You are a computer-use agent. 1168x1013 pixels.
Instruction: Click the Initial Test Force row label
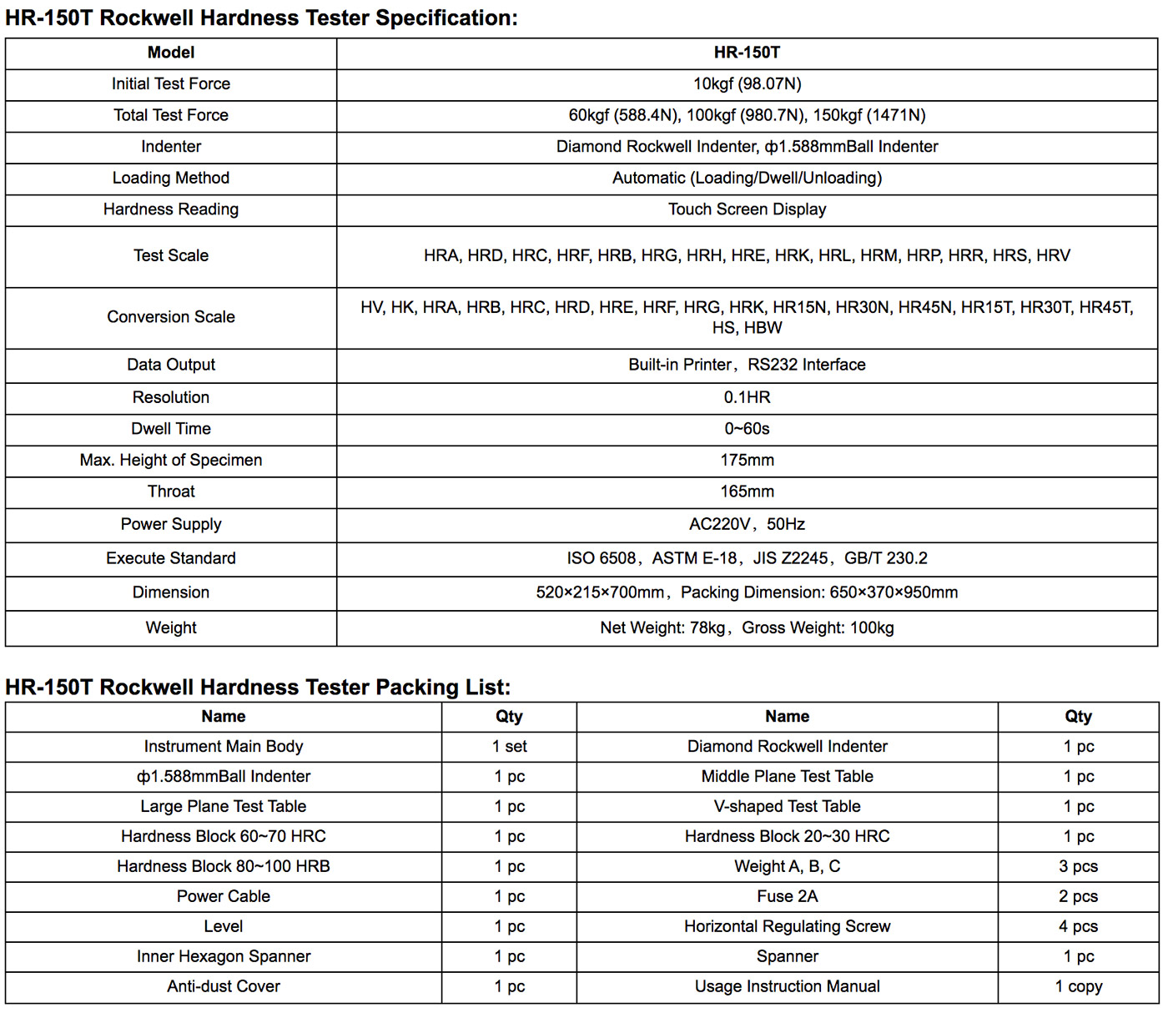point(171,84)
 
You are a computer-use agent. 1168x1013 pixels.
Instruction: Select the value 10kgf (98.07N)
point(747,84)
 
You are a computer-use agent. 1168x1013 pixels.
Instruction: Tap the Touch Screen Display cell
point(747,209)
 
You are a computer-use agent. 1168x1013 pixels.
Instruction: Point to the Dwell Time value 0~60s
point(747,429)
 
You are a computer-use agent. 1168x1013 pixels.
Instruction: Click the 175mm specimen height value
point(747,461)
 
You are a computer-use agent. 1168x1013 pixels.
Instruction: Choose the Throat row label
point(171,491)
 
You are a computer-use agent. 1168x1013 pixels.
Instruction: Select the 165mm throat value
point(747,491)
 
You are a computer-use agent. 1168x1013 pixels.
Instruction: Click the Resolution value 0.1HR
point(747,397)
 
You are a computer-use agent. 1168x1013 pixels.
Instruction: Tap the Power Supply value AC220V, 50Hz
point(747,524)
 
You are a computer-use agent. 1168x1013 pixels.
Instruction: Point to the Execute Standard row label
point(171,558)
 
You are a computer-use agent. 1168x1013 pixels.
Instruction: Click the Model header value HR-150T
point(747,53)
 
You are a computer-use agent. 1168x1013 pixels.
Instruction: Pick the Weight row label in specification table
point(171,627)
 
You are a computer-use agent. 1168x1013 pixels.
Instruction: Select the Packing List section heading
point(257,687)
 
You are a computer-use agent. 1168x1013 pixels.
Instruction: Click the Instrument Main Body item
point(224,746)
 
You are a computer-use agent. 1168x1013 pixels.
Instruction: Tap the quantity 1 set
point(509,746)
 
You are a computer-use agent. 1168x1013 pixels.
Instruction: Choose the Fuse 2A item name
point(787,896)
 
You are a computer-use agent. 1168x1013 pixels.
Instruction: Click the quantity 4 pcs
point(1078,926)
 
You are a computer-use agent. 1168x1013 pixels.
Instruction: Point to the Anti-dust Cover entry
point(224,986)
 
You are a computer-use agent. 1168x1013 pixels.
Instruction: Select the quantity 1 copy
point(1078,986)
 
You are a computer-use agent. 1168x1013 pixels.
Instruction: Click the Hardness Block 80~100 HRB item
point(224,866)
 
